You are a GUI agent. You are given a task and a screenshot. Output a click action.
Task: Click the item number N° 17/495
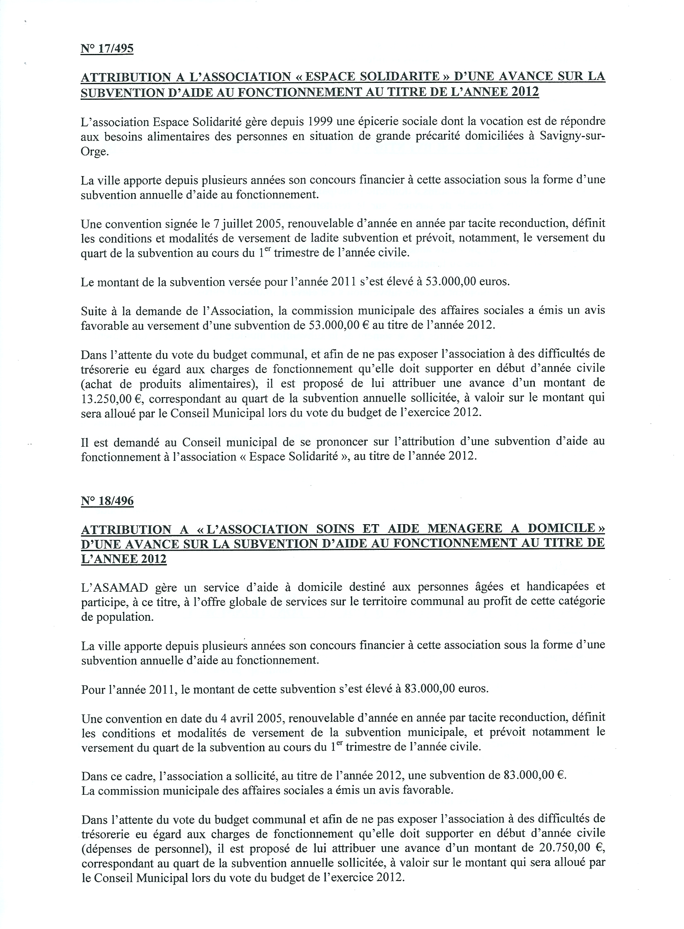(x=107, y=49)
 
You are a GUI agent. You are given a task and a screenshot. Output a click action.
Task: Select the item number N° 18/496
(x=107, y=502)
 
